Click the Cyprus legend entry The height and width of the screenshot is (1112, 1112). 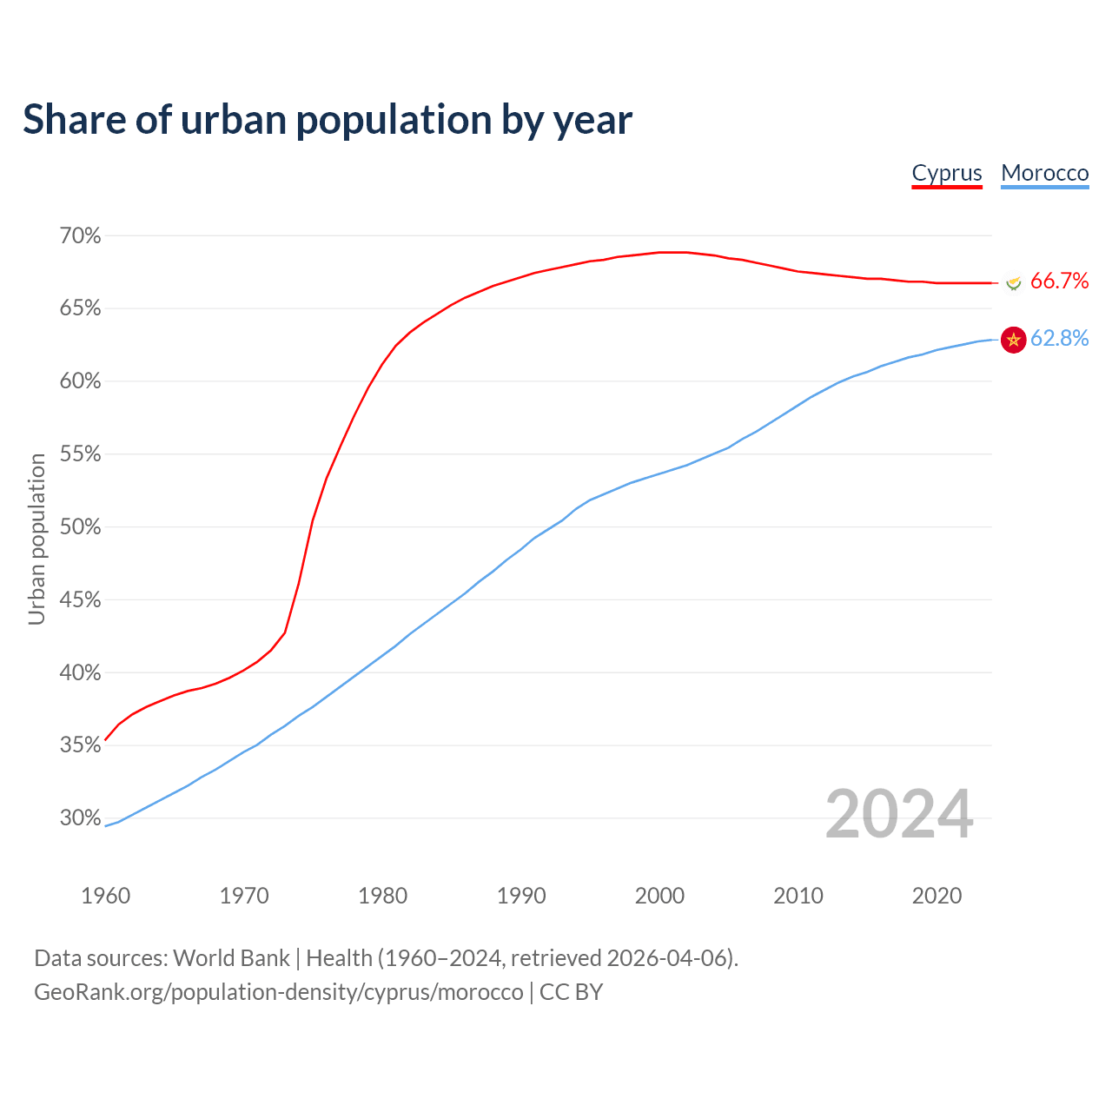click(946, 173)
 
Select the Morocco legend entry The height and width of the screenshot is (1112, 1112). click(1044, 173)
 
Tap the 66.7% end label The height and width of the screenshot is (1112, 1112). click(1059, 281)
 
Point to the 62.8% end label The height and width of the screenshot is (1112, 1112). click(1059, 338)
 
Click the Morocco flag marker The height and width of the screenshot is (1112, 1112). click(1013, 340)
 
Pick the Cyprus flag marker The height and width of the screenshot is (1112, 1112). click(1013, 282)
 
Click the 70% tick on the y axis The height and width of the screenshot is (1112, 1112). click(80, 235)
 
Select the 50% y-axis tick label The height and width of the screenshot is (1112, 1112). click(80, 527)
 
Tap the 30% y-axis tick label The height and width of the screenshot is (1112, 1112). click(80, 817)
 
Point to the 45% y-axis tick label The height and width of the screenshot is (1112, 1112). click(80, 600)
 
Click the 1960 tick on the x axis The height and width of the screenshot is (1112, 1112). click(105, 896)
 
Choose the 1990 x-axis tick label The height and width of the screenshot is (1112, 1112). click(521, 896)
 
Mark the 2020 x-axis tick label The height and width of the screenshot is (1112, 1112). click(937, 896)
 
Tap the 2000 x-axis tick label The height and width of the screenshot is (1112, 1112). click(659, 896)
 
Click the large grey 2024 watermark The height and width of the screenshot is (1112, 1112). click(899, 814)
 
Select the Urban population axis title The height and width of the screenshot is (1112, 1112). click(36, 539)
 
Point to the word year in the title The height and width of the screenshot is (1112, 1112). click(593, 120)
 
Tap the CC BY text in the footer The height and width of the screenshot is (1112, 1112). click(571, 992)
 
